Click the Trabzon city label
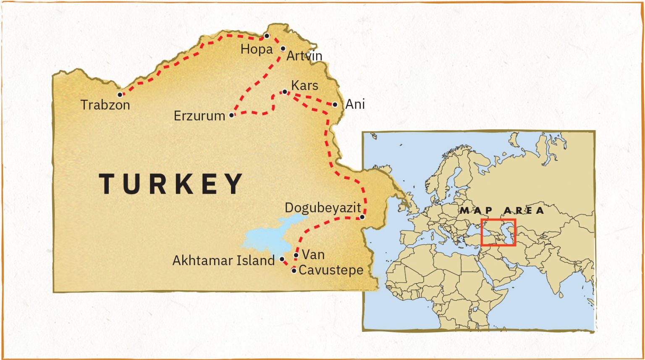105,105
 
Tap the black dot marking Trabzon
120,95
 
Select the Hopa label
257,49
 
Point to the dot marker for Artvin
283,49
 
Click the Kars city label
304,85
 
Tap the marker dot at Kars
285,92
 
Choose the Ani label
355,104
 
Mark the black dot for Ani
335,105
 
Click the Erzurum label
199,116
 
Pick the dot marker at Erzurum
231,115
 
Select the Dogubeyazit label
322,208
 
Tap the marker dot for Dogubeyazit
362,217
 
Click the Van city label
313,255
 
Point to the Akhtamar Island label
223,260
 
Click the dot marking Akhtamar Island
282,260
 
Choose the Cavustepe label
331,270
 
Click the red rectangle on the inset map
498,220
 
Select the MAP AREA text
502,210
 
